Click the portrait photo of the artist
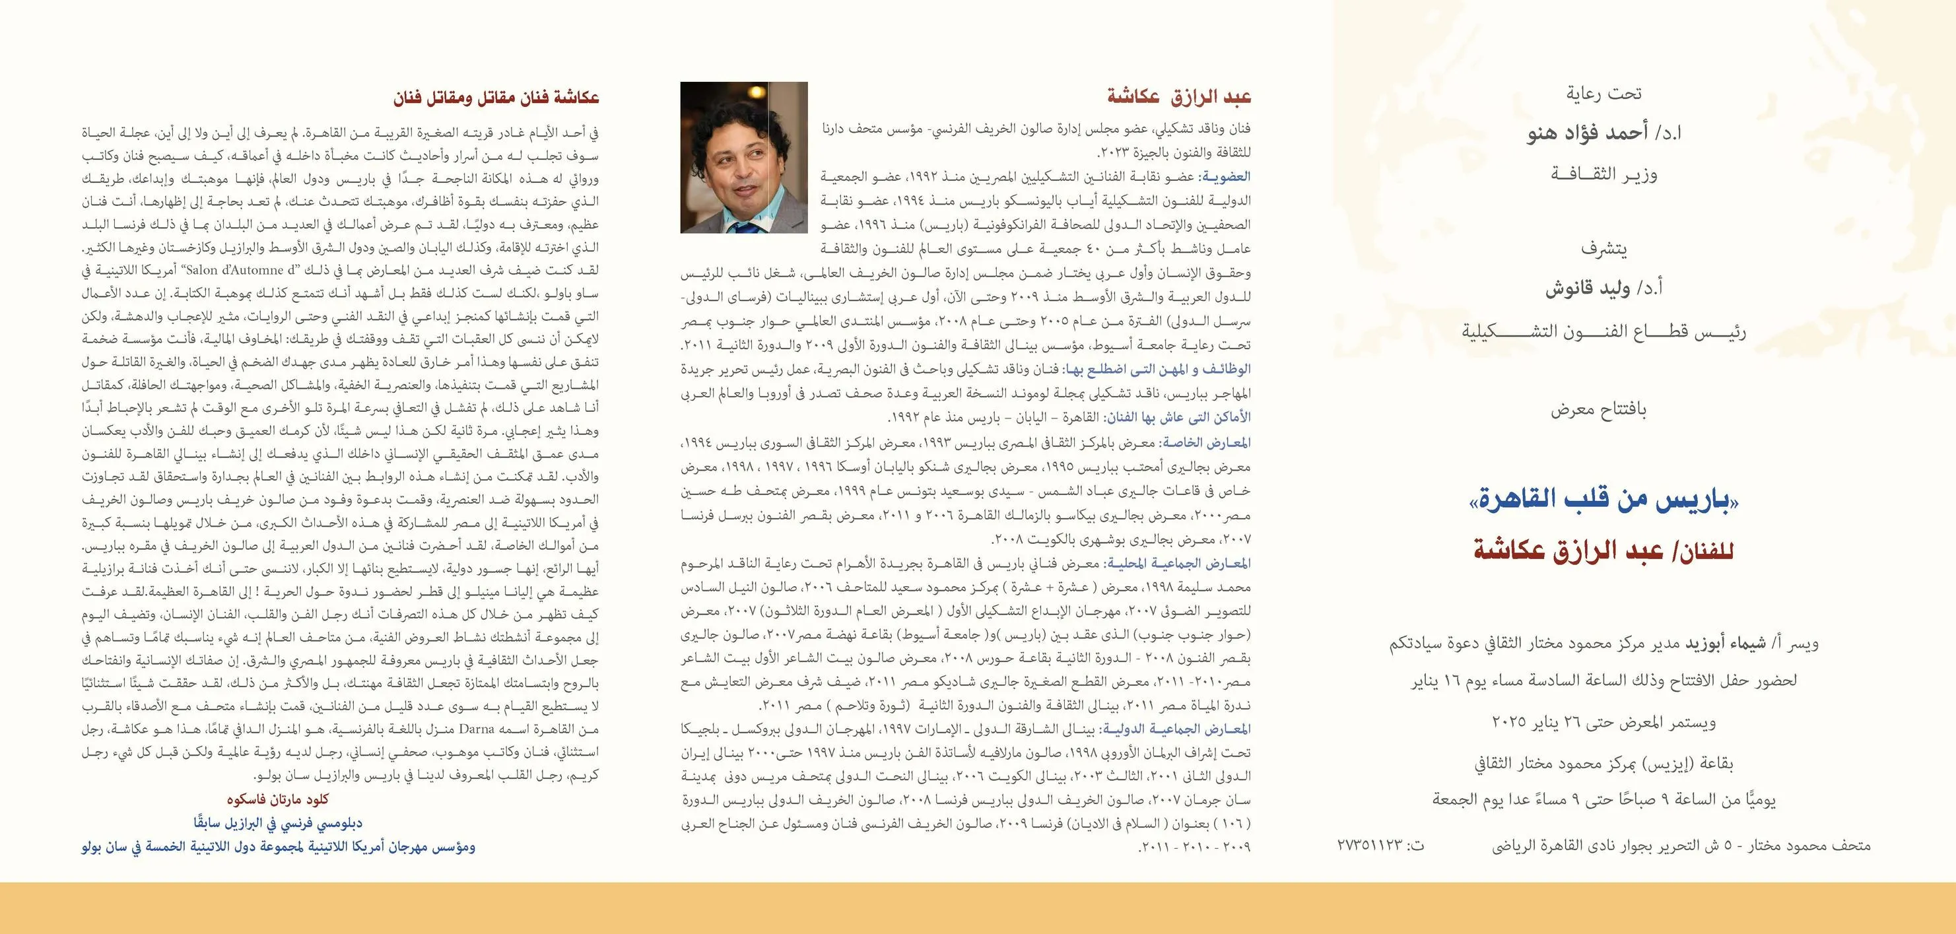pos(743,157)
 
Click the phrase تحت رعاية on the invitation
pos(1603,94)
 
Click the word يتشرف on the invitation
pos(1603,249)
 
